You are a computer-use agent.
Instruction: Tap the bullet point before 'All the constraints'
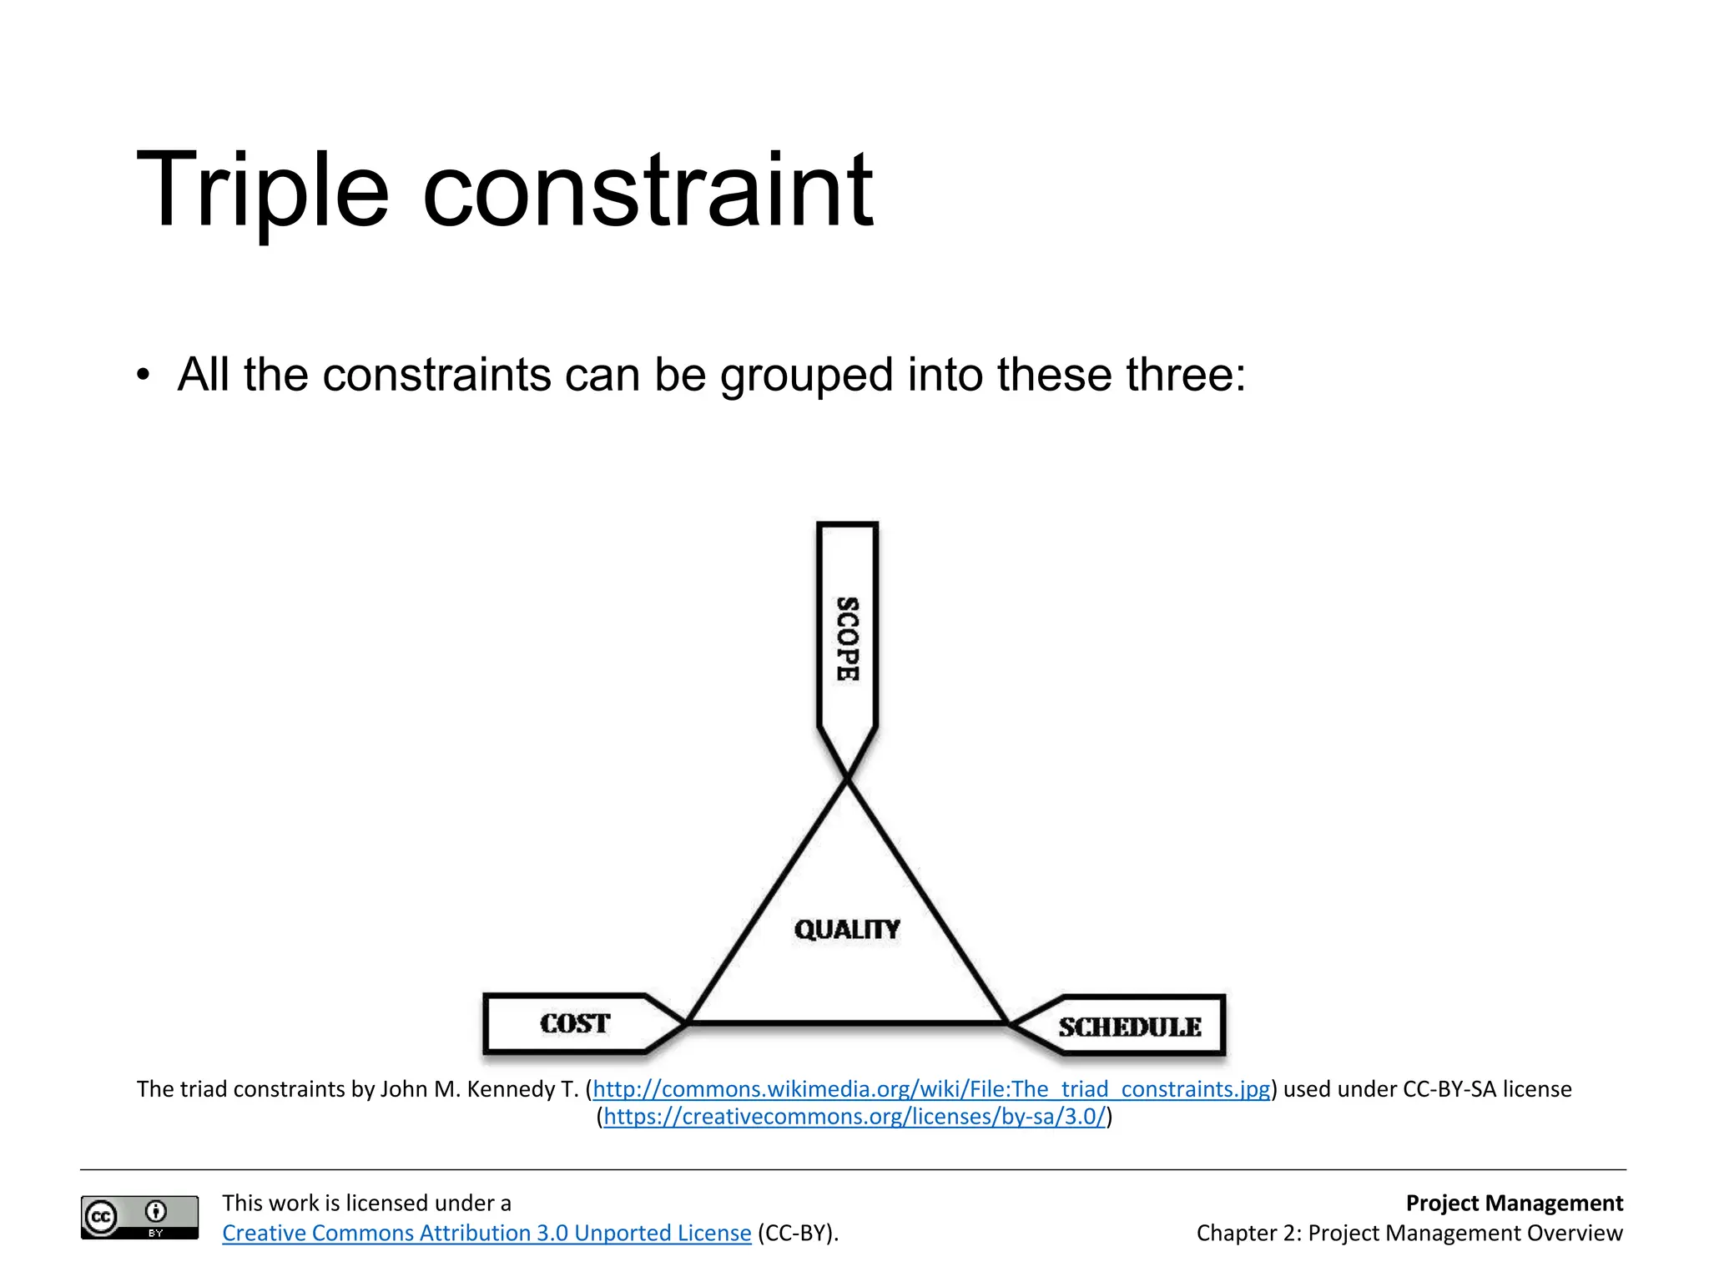coord(144,375)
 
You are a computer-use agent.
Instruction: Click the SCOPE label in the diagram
coord(847,638)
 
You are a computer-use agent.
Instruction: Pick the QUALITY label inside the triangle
coord(847,929)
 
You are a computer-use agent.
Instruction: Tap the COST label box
coord(575,1023)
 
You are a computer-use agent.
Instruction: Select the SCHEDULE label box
coord(1129,1027)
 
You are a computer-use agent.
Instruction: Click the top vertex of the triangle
coord(847,779)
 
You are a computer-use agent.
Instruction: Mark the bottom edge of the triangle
coord(847,1022)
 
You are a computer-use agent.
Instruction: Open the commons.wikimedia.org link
coord(931,1089)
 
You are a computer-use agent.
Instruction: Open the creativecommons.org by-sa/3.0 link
coord(854,1117)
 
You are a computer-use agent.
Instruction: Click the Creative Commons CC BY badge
coord(139,1217)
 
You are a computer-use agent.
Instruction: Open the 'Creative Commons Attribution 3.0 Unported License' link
coord(486,1233)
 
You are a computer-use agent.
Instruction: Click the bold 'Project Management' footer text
coord(1514,1203)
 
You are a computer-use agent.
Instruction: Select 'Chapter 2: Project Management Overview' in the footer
coord(1409,1233)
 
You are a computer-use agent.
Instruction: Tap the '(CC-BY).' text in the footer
coord(798,1233)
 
